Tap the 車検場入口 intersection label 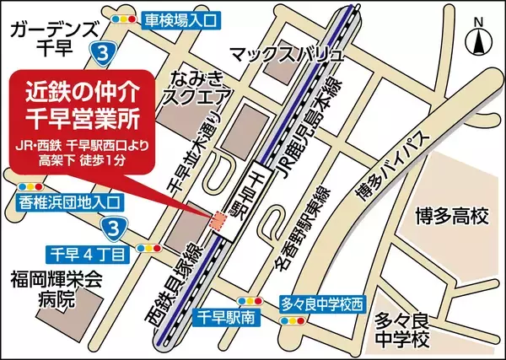[x=182, y=17]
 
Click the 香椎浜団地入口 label [x=70, y=202]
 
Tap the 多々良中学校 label [x=403, y=330]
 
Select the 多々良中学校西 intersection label [x=325, y=301]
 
